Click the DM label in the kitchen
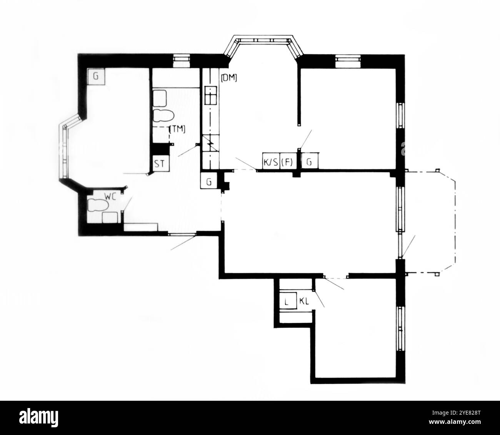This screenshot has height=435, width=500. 229,78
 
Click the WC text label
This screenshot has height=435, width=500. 111,196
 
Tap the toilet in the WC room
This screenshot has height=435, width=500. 98,205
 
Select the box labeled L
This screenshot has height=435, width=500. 288,301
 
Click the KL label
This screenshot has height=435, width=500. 304,301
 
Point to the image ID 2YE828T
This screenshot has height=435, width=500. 456,413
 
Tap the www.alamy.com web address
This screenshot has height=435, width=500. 455,422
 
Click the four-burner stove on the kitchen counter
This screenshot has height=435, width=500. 211,95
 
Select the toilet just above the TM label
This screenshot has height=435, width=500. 163,115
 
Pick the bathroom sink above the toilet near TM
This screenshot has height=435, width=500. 160,98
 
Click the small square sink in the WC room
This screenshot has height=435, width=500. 110,217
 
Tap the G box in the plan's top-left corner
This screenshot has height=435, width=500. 96,77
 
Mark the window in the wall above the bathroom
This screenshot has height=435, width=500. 182,60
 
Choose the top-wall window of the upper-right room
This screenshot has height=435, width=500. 348,61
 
